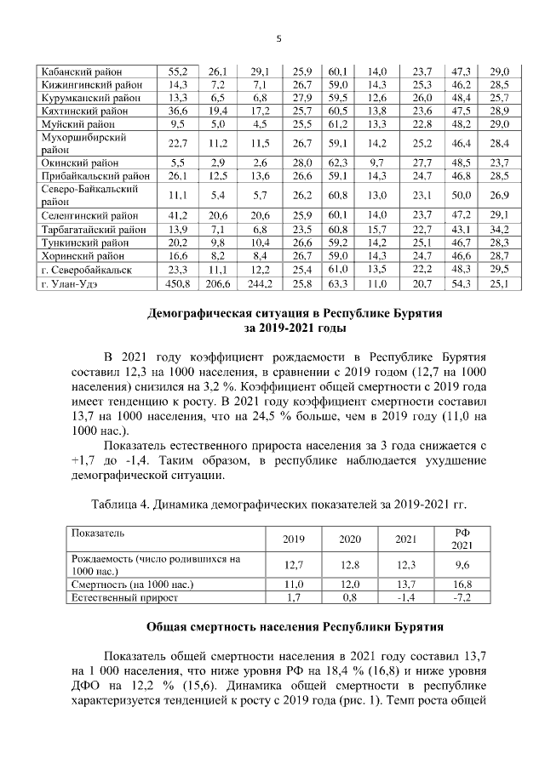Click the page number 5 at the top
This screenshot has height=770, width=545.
point(278,37)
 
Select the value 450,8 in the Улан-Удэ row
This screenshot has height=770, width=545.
point(178,283)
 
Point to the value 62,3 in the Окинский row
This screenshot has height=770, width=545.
point(336,162)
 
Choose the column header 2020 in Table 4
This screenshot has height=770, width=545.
point(350,539)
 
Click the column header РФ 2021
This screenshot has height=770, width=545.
point(461,539)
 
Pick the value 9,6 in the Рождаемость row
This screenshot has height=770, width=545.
point(461,564)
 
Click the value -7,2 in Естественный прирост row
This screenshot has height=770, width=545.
point(461,598)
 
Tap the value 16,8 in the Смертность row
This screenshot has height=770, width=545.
point(461,585)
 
